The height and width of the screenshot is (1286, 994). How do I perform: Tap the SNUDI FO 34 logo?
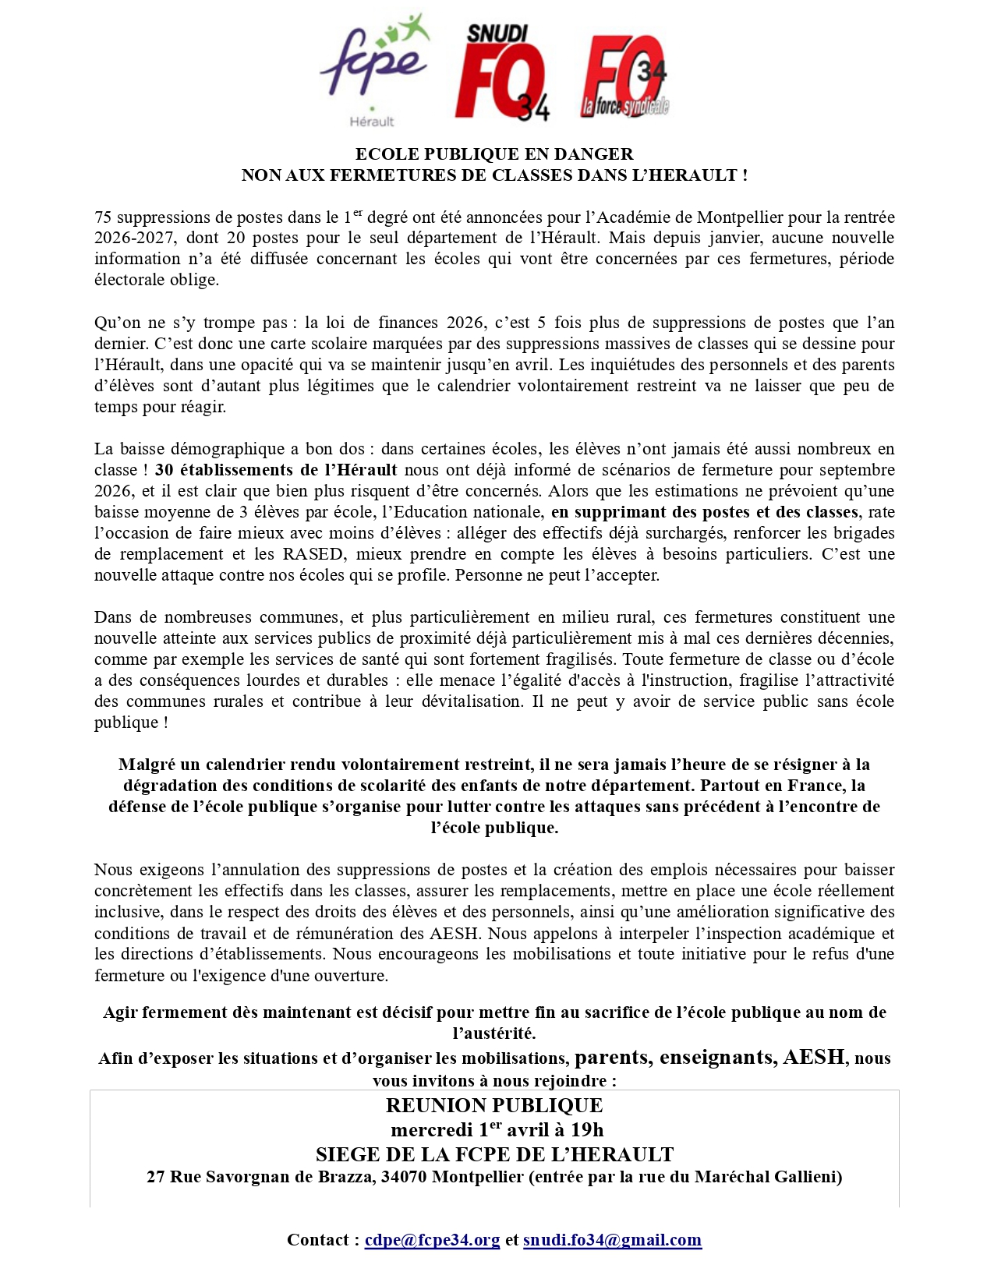point(502,72)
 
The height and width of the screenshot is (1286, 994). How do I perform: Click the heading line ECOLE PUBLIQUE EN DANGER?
point(494,154)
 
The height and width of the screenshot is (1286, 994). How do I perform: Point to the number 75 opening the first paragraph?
point(103,217)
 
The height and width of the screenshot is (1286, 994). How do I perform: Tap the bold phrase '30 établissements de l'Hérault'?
point(276,470)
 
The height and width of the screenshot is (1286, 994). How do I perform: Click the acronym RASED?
point(313,554)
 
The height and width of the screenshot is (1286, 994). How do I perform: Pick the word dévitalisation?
point(471,701)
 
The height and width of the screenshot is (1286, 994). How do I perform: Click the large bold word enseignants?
point(716,1058)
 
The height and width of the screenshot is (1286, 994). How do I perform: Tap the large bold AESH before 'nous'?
point(814,1058)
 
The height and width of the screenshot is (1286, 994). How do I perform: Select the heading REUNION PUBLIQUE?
point(494,1106)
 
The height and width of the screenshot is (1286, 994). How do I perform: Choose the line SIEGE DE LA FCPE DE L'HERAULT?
point(494,1154)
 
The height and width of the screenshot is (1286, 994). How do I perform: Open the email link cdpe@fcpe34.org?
point(432,1240)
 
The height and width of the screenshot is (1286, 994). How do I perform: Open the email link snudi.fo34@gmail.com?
point(612,1240)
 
